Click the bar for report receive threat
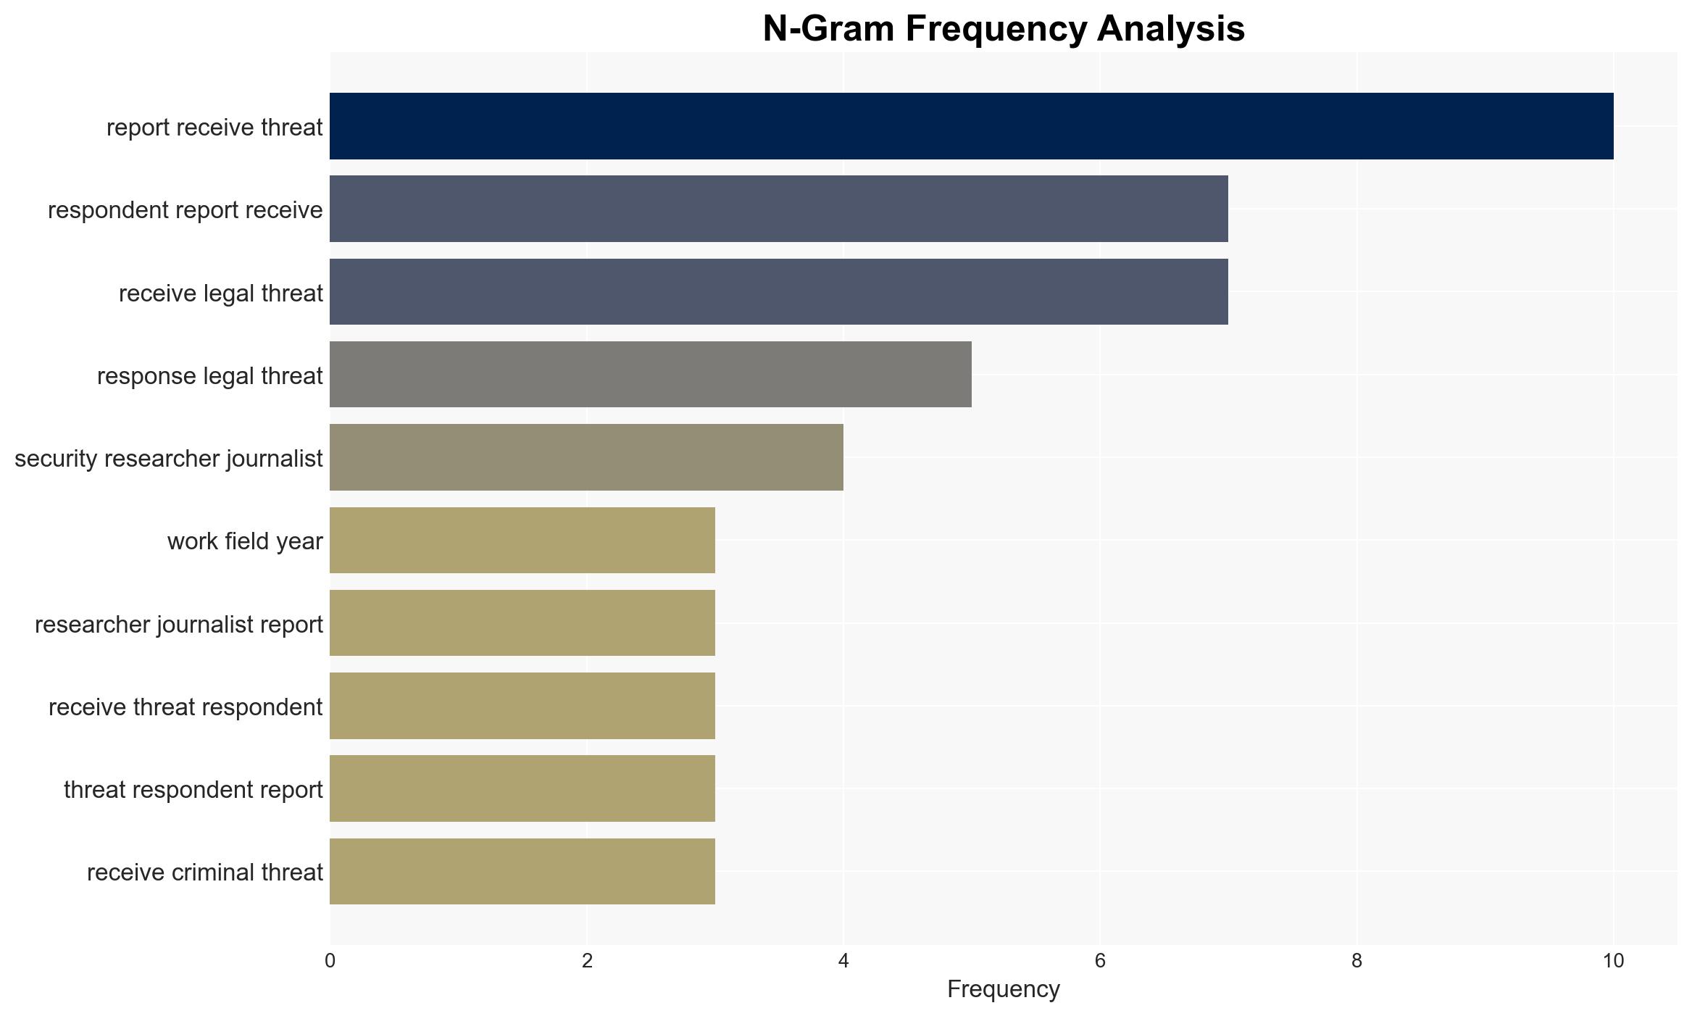coord(972,126)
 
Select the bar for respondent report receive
coord(779,209)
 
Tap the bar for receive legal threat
coord(779,291)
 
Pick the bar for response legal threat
coord(651,374)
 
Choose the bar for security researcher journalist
coord(586,457)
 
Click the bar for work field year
coord(522,540)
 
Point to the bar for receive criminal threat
coord(522,871)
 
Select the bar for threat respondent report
coord(522,788)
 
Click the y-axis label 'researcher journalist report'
coord(179,624)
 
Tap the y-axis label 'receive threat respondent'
coord(186,707)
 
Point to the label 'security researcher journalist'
coord(169,458)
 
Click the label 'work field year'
coord(245,541)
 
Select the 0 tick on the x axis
coord(330,961)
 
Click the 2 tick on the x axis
coord(587,961)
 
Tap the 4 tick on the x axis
coord(843,961)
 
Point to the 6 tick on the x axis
coord(1100,961)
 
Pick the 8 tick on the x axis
coord(1357,961)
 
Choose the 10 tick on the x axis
coord(1614,961)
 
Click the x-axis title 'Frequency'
coord(1004,989)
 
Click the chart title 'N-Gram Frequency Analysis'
coord(1004,29)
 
